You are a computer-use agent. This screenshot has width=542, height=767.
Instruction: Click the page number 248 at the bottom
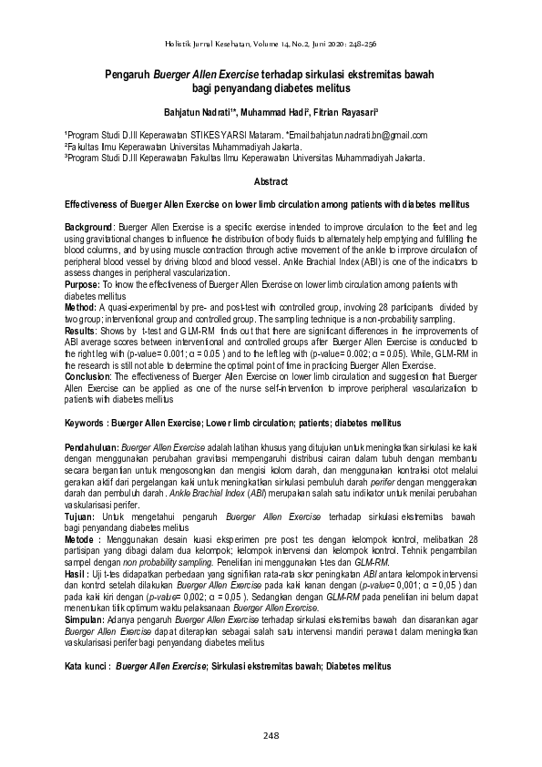click(x=271, y=735)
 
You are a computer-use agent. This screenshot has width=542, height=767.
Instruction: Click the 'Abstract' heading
click(x=271, y=182)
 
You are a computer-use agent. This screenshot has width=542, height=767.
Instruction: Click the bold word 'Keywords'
click(x=87, y=424)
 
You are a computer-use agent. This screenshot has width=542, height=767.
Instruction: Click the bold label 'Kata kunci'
click(x=87, y=667)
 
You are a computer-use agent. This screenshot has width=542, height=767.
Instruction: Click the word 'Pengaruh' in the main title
click(x=132, y=76)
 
